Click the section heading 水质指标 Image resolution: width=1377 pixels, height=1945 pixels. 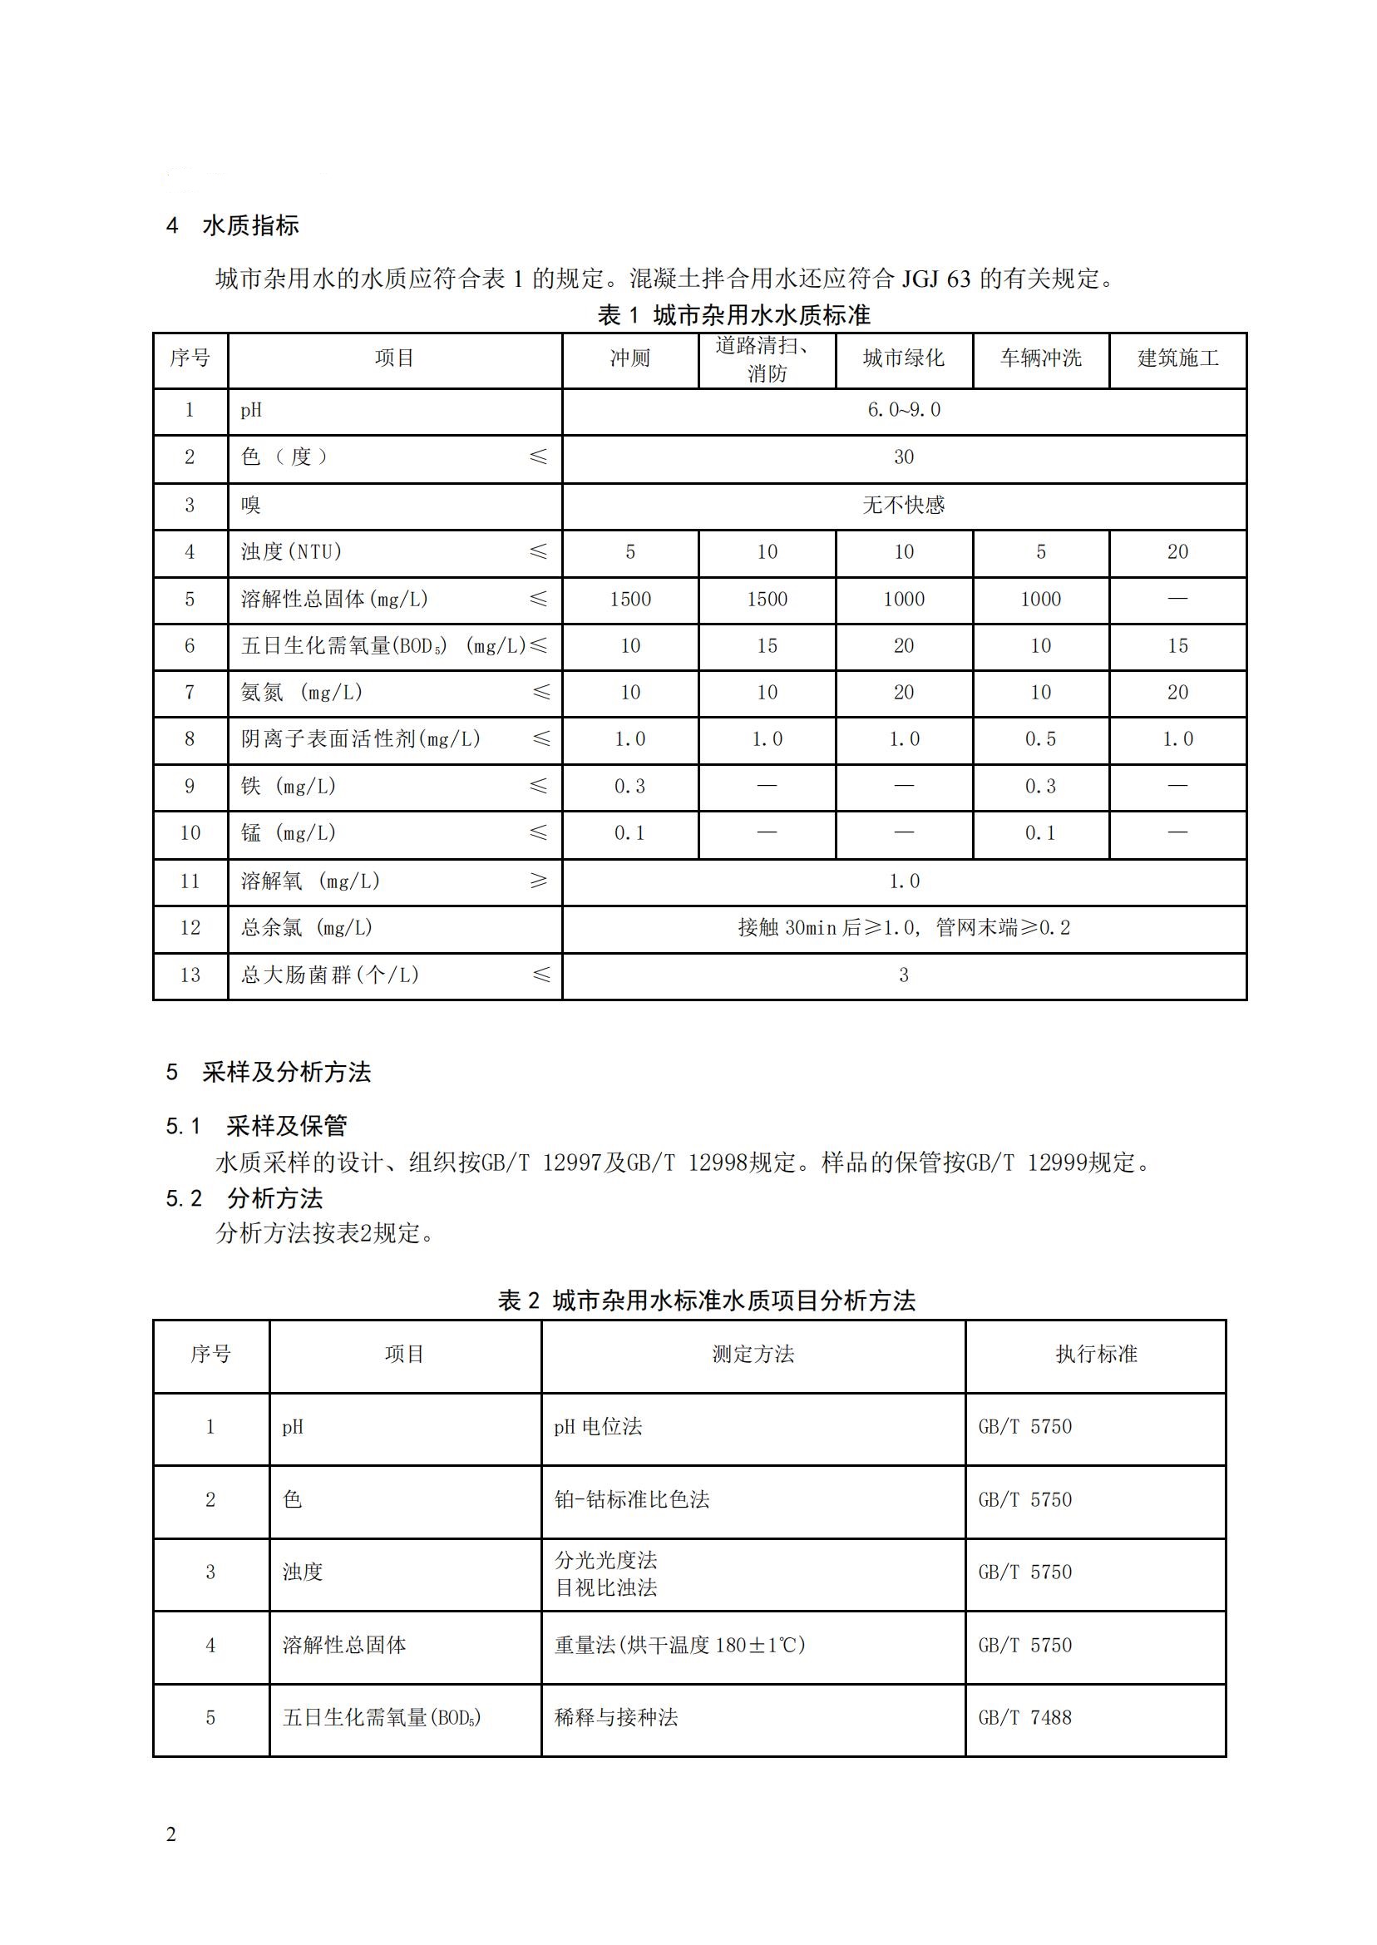point(250,225)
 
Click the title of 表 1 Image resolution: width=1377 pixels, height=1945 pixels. point(733,315)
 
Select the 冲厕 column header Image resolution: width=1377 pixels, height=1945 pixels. point(630,358)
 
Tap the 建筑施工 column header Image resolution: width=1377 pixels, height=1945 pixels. point(1177,358)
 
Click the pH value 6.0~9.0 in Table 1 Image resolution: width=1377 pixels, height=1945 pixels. point(903,410)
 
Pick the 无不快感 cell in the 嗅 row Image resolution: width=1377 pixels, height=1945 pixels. point(903,506)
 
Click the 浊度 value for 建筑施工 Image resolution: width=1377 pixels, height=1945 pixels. point(1177,552)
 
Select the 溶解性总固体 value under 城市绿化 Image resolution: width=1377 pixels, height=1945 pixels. point(903,600)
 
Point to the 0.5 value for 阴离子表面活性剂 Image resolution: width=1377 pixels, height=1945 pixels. point(1040,739)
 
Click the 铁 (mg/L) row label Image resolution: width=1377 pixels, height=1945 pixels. point(289,787)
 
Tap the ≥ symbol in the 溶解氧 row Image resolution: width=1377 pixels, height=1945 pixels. point(539,881)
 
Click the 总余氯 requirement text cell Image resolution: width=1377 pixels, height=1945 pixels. point(903,927)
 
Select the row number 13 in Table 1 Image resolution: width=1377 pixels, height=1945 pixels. point(190,975)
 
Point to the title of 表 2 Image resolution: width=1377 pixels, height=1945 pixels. point(706,1301)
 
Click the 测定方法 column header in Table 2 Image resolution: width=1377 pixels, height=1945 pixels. point(753,1354)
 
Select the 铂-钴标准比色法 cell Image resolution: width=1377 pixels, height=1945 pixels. point(632,1500)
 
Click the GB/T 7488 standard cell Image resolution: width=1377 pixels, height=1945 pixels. point(1024,1718)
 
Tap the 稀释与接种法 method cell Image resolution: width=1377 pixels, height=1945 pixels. point(616,1718)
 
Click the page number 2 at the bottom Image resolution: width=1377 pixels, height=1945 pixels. point(171,1834)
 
